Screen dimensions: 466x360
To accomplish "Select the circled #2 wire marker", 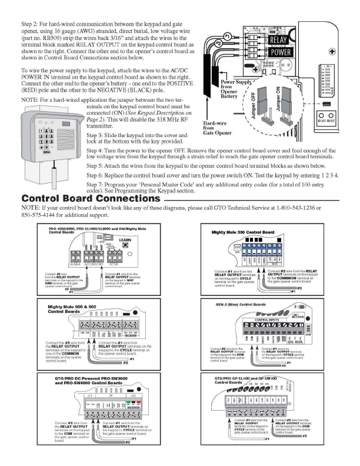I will (x=219, y=44).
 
